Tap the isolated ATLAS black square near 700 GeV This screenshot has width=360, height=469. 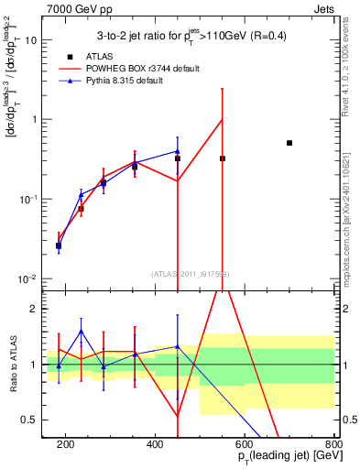(x=289, y=143)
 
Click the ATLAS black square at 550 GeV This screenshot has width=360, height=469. (x=222, y=158)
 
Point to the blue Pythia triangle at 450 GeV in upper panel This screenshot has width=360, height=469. (x=177, y=151)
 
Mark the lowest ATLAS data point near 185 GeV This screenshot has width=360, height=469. (x=59, y=245)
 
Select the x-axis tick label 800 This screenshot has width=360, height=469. (x=333, y=446)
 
